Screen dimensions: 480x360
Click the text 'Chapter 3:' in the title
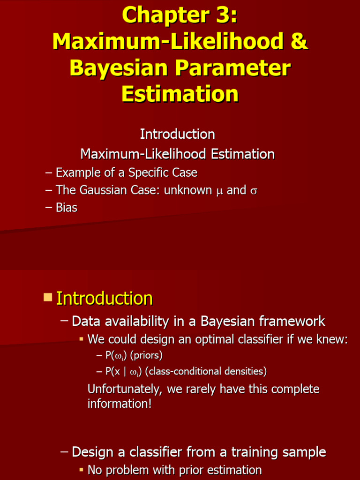click(x=180, y=15)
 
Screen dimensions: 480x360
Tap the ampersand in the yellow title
click(x=299, y=42)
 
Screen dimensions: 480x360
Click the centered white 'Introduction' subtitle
click(x=177, y=134)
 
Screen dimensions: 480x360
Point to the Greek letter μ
click(x=219, y=191)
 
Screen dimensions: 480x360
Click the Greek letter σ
click(x=254, y=191)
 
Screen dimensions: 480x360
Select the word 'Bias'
click(x=67, y=208)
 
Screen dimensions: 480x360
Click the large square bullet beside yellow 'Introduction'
click(x=47, y=297)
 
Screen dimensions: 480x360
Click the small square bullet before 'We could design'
click(x=81, y=338)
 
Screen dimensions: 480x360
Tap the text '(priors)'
click(x=146, y=356)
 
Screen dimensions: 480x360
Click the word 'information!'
click(x=120, y=404)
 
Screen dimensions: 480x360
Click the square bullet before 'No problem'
click(x=81, y=470)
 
